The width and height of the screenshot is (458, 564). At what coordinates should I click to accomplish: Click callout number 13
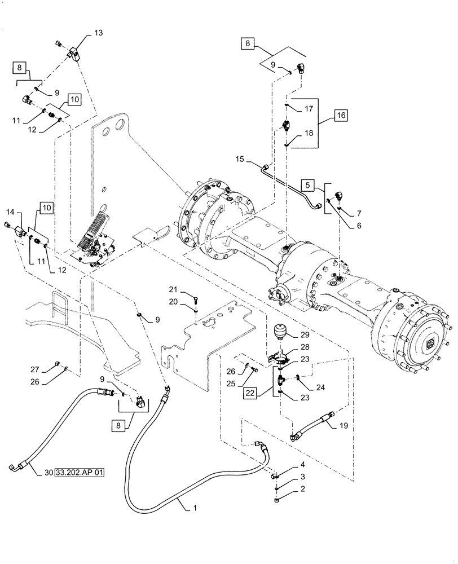(98, 34)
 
